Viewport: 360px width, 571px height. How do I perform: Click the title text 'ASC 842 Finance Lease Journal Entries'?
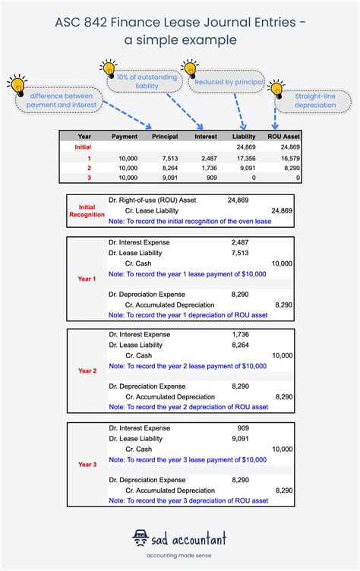[x=180, y=24]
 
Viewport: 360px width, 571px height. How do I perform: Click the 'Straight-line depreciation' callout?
[x=314, y=100]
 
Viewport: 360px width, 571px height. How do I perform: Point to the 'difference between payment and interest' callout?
[x=56, y=101]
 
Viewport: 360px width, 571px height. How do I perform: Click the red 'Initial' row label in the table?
[x=83, y=147]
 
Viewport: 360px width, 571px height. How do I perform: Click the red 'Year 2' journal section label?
[x=87, y=371]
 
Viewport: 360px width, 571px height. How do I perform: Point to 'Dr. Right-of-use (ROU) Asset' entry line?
[x=151, y=200]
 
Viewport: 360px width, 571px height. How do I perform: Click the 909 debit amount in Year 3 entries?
[x=242, y=427]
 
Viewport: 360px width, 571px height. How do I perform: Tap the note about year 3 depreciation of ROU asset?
[x=188, y=501]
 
